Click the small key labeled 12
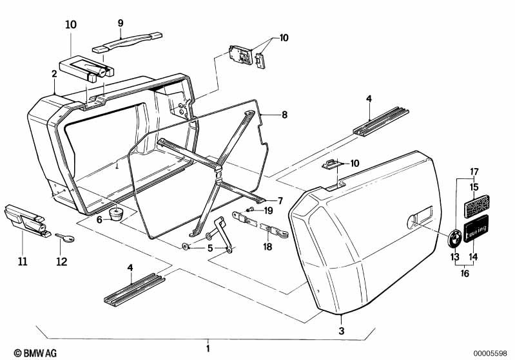point(65,237)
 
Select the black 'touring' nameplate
point(476,229)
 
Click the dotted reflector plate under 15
point(476,206)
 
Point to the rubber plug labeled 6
point(115,214)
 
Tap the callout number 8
point(284,115)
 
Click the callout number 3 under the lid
point(342,330)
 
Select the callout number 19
point(268,211)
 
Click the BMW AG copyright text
point(35,353)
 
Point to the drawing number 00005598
point(490,353)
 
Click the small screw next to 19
point(250,209)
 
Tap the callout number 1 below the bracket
point(208,348)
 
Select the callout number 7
point(280,200)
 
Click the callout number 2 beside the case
point(54,73)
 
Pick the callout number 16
point(465,273)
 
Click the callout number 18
point(267,247)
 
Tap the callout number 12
point(62,261)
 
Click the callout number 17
point(474,171)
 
